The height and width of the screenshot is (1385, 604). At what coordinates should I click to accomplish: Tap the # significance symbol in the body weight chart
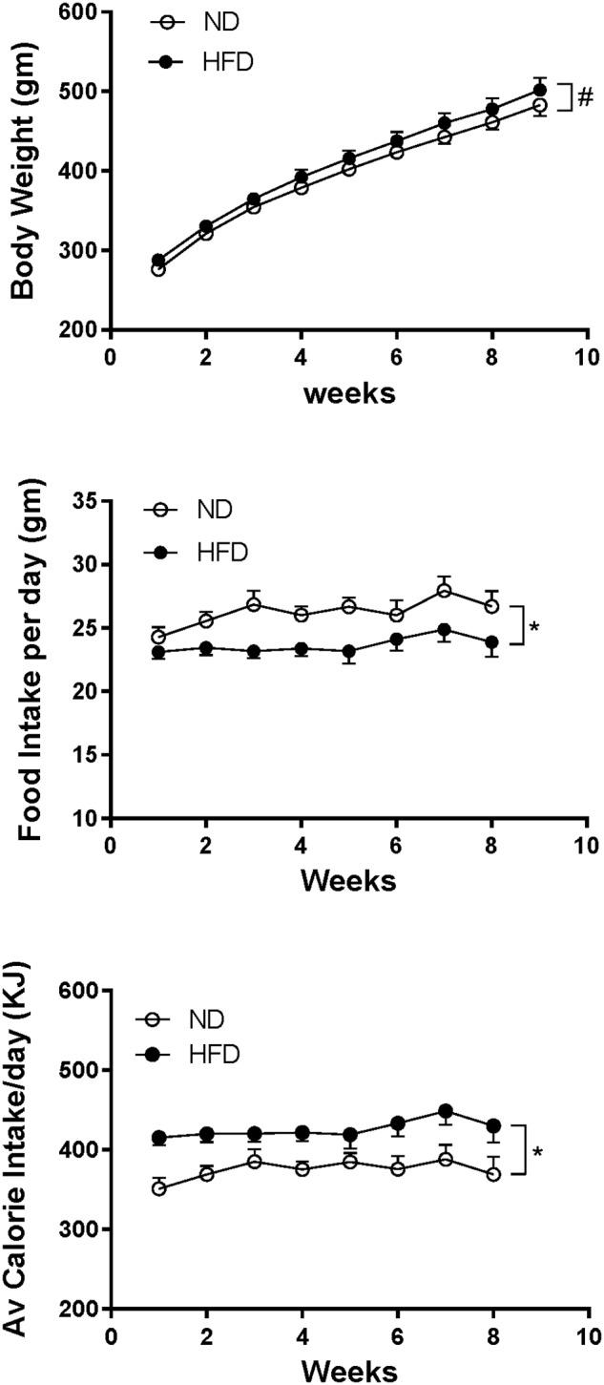pyautogui.click(x=586, y=97)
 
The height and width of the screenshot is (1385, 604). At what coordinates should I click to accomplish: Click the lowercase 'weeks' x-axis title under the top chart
pyautogui.click(x=349, y=393)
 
